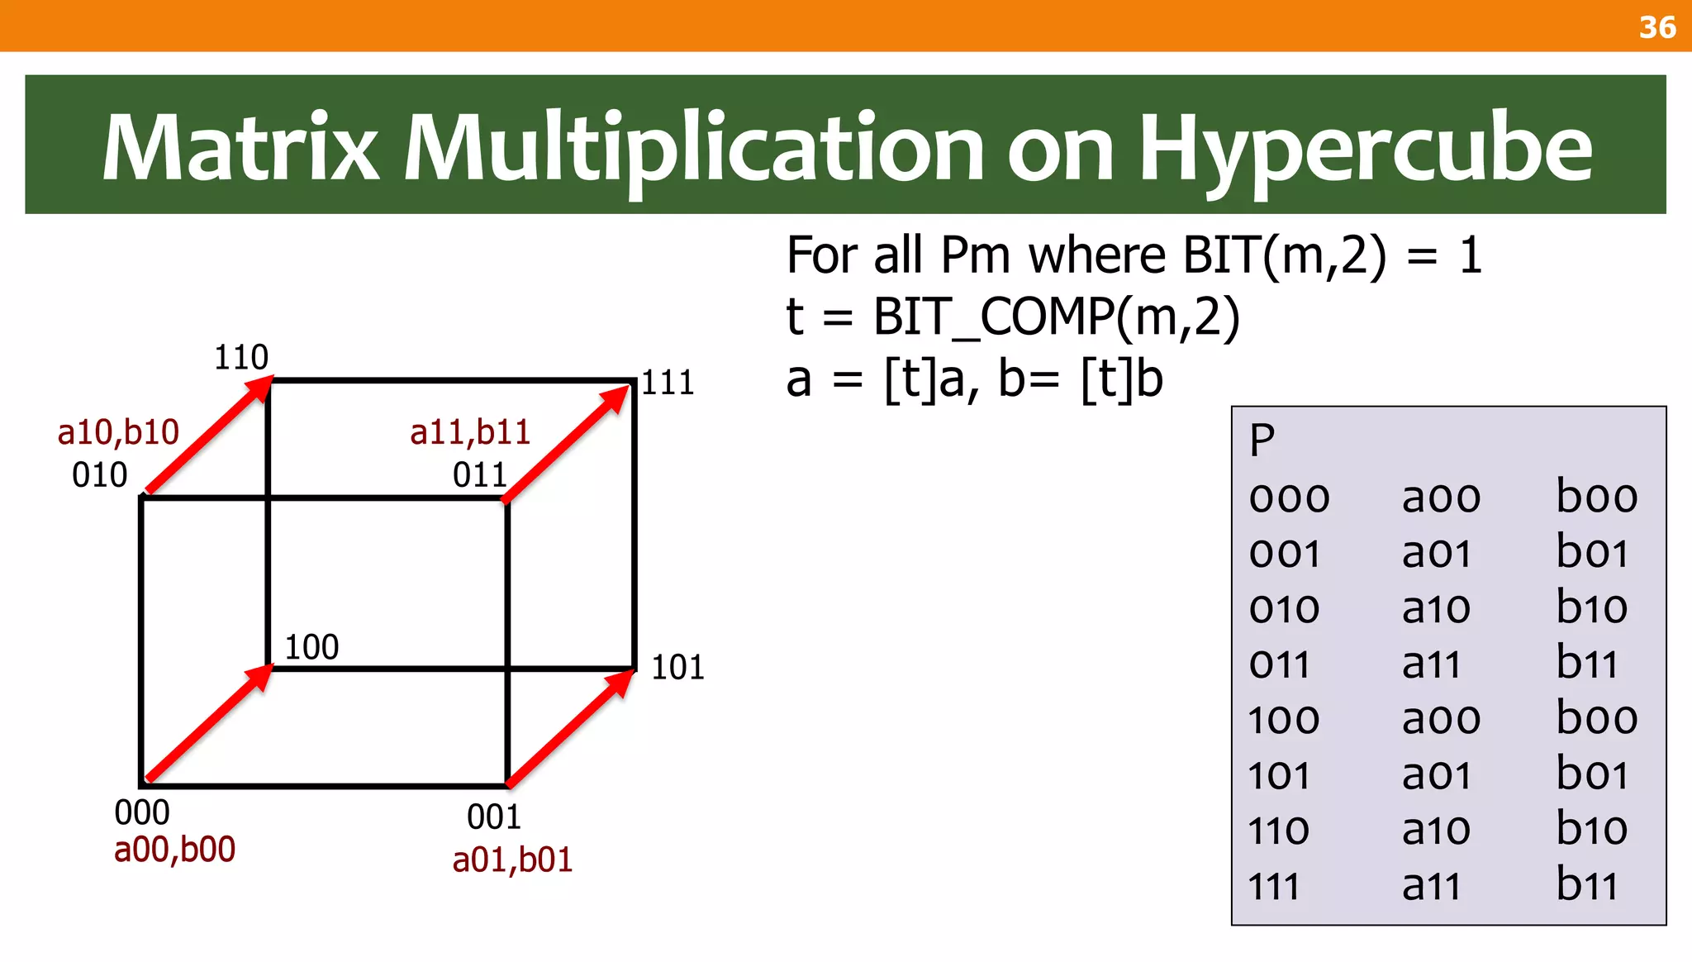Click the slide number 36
coord(1656,27)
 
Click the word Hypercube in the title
coord(1365,149)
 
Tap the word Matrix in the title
coord(240,149)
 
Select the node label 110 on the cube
coord(241,357)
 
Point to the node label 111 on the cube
coord(668,383)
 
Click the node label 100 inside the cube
coord(311,647)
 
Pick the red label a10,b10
coord(118,432)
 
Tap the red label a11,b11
coord(469,432)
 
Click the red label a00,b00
coord(174,850)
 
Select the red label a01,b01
coord(512,860)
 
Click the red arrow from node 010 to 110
coord(208,436)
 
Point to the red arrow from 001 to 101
coord(570,727)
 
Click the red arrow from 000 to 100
coord(208,723)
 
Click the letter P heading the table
coord(1262,441)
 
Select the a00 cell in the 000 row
coord(1441,498)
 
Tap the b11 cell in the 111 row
coord(1586,885)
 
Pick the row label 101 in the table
coord(1279,775)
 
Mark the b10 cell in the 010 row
coord(1591,608)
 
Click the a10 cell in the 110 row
coord(1436,830)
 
